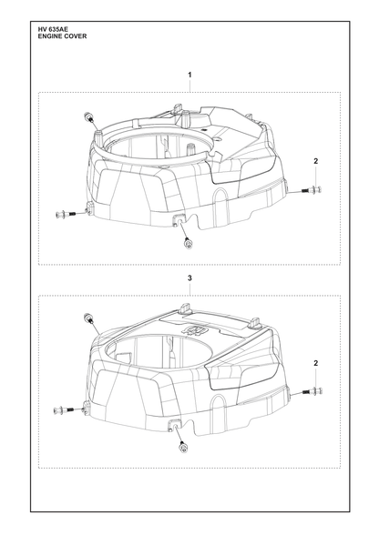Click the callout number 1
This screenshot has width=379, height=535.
pos(189,75)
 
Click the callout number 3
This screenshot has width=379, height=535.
pos(189,278)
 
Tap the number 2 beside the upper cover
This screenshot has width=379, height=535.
pos(316,161)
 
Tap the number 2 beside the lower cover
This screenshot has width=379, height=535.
pos(316,363)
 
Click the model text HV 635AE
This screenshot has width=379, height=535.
pos(53,30)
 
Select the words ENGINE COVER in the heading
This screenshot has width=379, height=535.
pos(62,36)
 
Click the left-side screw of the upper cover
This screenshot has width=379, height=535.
pos(66,215)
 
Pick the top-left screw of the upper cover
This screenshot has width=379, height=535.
pos(87,117)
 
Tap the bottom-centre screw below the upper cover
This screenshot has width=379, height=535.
pos(188,242)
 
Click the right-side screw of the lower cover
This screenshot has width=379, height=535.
pos(312,391)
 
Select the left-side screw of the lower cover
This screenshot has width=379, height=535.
pos(65,409)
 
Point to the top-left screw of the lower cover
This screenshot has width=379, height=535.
pos(87,318)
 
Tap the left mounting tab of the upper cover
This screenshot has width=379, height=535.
pos(90,207)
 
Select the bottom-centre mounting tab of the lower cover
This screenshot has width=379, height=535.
pos(175,425)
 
